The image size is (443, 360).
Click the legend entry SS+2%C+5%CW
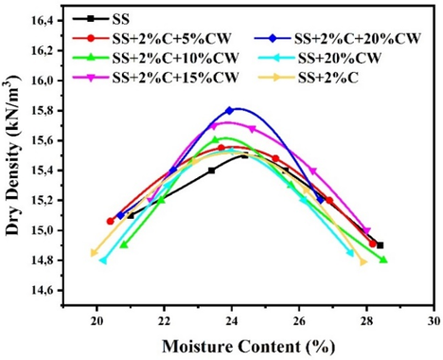172,39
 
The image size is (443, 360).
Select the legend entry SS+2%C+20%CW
358,39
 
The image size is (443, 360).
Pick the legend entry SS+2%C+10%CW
175,58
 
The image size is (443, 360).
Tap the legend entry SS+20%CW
340,58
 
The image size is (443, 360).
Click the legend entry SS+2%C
328,78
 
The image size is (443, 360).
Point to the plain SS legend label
121,19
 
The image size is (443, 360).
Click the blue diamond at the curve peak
229,111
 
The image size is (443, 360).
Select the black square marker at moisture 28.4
380,245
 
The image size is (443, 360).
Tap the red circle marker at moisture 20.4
110,222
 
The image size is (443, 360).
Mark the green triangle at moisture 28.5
383,260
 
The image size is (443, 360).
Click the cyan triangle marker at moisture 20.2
103,261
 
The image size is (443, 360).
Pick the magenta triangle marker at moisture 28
366,231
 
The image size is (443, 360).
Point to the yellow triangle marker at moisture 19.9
94,253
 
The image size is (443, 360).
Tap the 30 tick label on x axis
434,320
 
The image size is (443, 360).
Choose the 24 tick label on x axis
232,320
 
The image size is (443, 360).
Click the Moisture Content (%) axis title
248,347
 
